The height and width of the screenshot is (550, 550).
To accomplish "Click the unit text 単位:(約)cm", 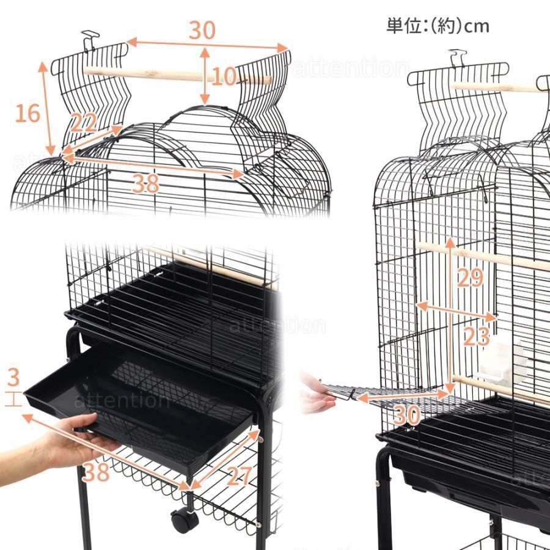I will [438, 26].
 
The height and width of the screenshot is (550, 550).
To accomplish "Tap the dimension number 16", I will [28, 113].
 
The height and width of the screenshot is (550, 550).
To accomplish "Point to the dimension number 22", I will [83, 123].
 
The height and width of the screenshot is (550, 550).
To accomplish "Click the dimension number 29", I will [470, 277].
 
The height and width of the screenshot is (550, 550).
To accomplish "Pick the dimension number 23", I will [476, 335].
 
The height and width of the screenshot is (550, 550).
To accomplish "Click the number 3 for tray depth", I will [14, 375].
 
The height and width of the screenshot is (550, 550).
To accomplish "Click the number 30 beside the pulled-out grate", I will [406, 415].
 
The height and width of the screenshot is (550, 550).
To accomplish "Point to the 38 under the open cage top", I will [145, 182].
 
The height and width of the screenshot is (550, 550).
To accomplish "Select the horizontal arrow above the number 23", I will [456, 310].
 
